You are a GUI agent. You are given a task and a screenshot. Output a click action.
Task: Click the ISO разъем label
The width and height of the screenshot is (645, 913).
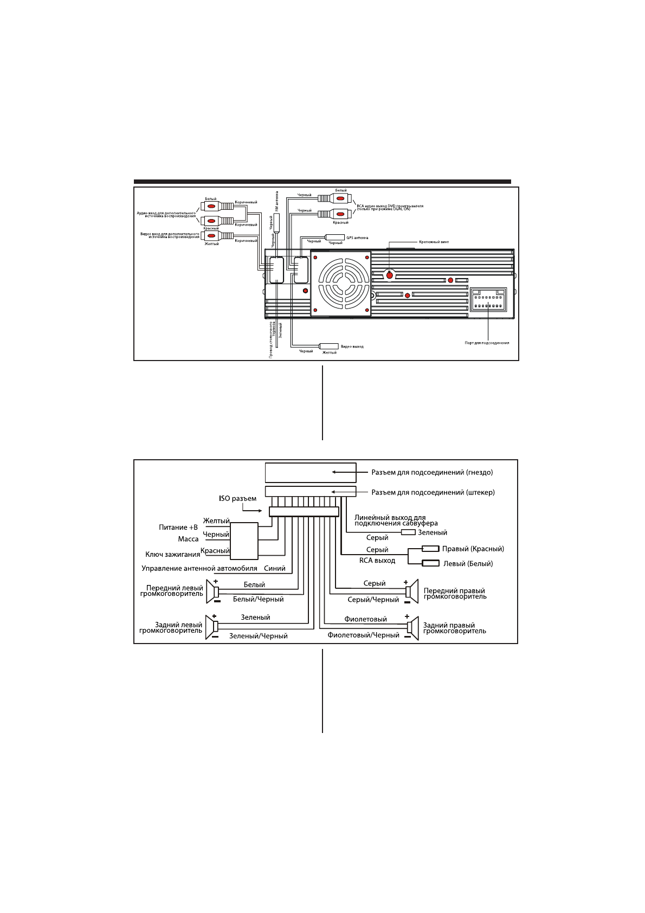point(237,499)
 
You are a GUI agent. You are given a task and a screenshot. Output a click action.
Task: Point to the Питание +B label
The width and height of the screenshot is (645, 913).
point(178,528)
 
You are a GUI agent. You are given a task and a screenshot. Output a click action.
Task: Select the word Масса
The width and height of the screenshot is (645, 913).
point(188,539)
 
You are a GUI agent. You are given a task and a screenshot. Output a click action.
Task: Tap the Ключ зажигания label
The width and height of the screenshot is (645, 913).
point(172,555)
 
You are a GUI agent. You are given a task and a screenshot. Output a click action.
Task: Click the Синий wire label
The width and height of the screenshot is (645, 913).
point(274,569)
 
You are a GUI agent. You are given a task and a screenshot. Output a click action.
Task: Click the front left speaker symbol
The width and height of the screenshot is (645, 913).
point(212,591)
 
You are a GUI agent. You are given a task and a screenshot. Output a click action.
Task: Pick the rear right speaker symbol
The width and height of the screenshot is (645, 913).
point(413,628)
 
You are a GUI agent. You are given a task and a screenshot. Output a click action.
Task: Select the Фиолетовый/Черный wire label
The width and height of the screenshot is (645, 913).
point(363,635)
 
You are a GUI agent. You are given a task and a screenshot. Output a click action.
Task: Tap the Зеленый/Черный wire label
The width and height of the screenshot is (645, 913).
point(258,636)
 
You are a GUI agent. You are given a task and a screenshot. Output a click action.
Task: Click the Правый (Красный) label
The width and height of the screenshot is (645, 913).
point(473,549)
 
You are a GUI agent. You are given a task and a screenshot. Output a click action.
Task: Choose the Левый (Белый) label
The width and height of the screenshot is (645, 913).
point(468,564)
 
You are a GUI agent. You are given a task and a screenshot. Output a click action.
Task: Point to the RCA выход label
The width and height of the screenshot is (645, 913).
point(377,561)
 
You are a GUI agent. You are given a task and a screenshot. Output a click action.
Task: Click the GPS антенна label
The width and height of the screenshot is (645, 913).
point(357,237)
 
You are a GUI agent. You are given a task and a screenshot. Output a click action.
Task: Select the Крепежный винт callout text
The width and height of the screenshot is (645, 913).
point(434,242)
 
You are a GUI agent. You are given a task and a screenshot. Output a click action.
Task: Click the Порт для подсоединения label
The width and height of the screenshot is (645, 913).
point(487,343)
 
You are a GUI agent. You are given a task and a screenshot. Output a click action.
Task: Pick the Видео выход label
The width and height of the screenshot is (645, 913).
point(352,346)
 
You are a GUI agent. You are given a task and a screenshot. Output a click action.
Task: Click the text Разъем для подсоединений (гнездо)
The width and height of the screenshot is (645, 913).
point(432,473)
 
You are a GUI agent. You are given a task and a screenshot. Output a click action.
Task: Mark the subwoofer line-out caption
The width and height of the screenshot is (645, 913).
point(396,521)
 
